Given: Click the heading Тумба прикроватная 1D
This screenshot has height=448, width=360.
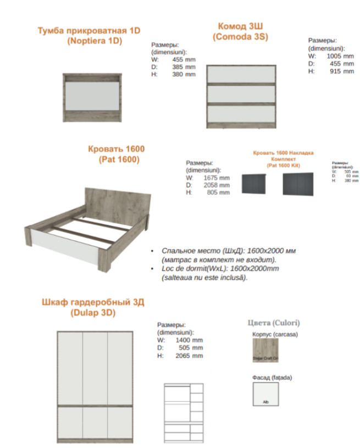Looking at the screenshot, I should [x=89, y=30].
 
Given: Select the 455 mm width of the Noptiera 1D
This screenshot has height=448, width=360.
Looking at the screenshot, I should [x=184, y=59].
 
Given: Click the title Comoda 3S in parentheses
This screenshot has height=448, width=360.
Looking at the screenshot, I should [x=240, y=36].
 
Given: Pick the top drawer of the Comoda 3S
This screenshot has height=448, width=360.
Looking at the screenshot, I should [x=241, y=74].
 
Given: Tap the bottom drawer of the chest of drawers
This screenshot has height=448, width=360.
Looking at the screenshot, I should [x=241, y=115].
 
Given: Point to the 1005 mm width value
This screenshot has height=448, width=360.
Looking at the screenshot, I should [x=340, y=56].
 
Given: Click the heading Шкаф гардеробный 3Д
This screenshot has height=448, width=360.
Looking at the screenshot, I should [x=93, y=303].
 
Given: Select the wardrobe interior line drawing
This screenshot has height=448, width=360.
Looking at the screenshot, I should [x=184, y=410].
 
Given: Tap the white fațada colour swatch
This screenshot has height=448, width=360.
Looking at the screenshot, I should [x=265, y=394].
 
